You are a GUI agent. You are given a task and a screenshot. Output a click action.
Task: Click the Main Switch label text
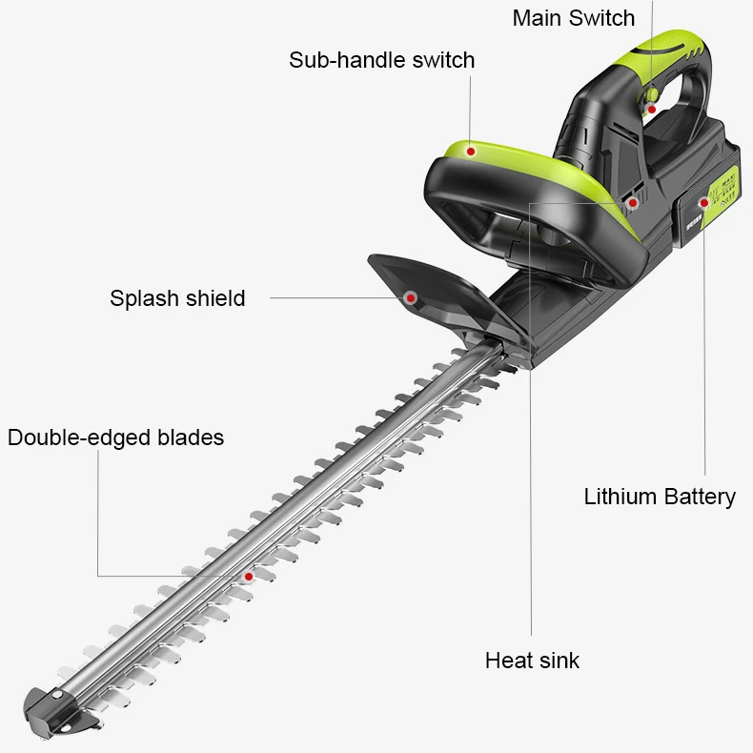(x=573, y=18)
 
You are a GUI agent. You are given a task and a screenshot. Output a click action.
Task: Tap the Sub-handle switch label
(x=381, y=60)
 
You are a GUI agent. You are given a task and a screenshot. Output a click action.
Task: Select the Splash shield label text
(x=177, y=298)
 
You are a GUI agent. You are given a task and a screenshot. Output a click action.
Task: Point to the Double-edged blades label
(x=115, y=438)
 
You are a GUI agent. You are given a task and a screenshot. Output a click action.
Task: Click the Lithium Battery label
(x=660, y=497)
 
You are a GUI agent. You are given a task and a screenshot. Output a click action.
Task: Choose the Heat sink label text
(x=532, y=661)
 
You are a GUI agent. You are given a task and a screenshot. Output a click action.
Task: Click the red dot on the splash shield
(x=411, y=297)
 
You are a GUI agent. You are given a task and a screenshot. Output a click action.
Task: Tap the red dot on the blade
(x=248, y=577)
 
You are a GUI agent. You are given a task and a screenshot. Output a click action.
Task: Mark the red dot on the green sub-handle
(x=470, y=150)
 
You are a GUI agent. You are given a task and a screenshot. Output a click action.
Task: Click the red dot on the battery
(x=704, y=202)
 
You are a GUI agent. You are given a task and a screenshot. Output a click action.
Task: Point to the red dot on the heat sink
(x=632, y=202)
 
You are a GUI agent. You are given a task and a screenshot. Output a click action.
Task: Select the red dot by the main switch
(x=651, y=110)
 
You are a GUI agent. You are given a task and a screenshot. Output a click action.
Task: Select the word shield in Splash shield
(x=214, y=298)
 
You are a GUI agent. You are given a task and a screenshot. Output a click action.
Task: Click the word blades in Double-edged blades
(x=193, y=438)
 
